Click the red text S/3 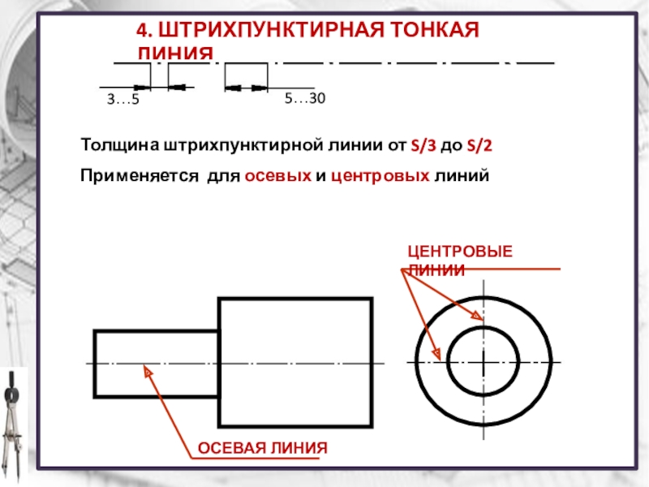(423, 147)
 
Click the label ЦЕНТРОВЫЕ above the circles (460, 252)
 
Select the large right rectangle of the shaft (295, 362)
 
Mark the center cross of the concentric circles (483, 361)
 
